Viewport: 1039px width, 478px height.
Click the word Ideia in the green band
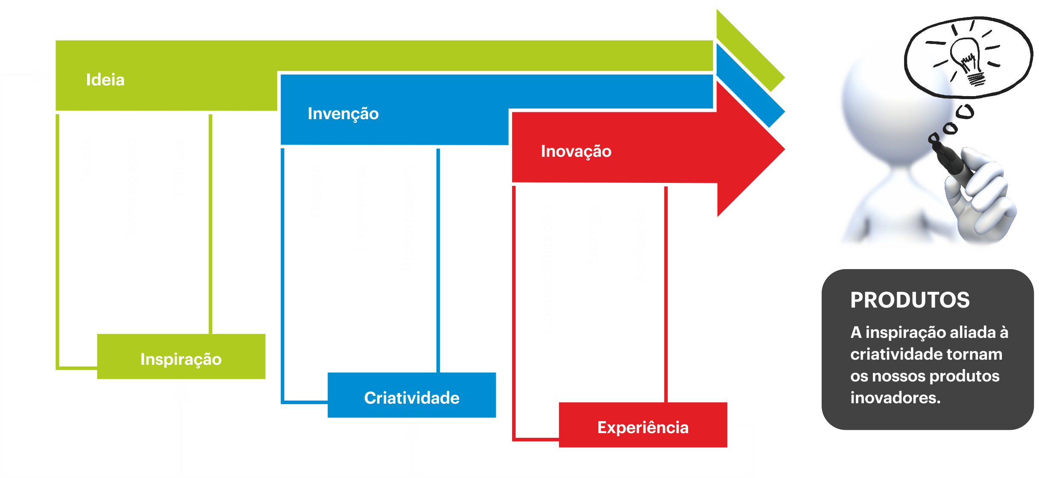click(x=105, y=80)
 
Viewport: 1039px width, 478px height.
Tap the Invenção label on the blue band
click(x=343, y=114)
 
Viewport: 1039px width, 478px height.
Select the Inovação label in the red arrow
click(x=576, y=151)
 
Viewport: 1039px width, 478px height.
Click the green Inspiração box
click(x=181, y=357)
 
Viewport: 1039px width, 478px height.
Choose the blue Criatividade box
click(x=412, y=396)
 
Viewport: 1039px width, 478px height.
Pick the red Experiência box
click(x=643, y=425)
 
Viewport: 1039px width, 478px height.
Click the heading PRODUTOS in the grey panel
click(x=910, y=300)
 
